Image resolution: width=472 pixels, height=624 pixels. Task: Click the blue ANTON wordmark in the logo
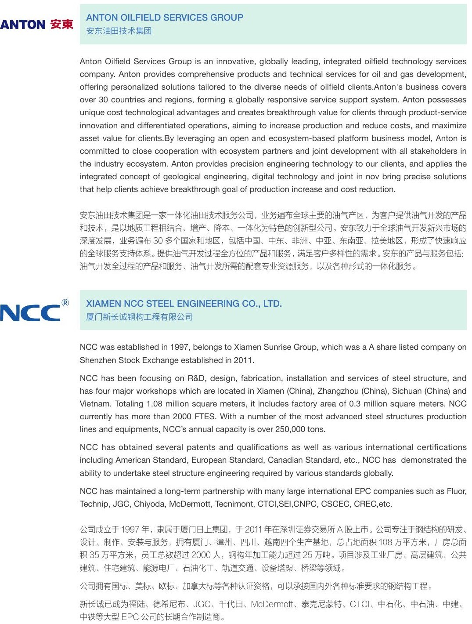(x=23, y=25)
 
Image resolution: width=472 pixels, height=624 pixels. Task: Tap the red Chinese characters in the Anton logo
(x=61, y=24)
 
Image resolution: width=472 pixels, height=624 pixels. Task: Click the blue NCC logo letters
(x=30, y=313)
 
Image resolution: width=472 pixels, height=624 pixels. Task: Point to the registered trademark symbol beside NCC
(x=65, y=303)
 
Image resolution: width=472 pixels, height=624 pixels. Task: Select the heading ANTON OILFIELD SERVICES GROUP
(x=165, y=18)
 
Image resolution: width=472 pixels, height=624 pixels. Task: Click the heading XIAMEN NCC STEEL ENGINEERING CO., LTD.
(x=184, y=304)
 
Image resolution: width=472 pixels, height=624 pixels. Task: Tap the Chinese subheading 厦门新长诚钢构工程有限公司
(x=140, y=317)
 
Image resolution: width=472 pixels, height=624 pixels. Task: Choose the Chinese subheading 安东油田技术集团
(x=119, y=31)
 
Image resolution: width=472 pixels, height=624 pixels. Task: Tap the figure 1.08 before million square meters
(x=155, y=404)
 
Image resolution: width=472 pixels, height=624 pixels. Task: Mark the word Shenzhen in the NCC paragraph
(x=98, y=360)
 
